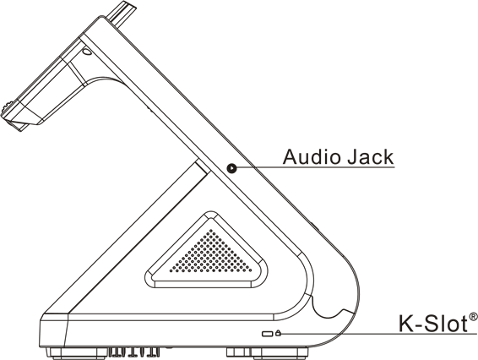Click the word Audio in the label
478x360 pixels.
click(x=312, y=157)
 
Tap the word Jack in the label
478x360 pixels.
click(x=371, y=157)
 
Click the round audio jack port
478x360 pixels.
click(x=231, y=168)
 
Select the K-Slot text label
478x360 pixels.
click(x=433, y=324)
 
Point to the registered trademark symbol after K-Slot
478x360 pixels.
click(x=473, y=317)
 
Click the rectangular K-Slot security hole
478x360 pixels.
click(x=268, y=334)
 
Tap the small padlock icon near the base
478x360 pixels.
click(x=278, y=333)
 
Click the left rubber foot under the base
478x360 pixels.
click(x=76, y=352)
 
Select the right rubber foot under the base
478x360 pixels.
click(x=269, y=352)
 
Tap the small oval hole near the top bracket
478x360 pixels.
click(x=87, y=52)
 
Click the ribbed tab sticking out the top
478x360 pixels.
click(x=121, y=14)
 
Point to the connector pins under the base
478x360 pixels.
click(x=134, y=352)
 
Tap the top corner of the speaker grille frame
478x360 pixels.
click(x=210, y=212)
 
